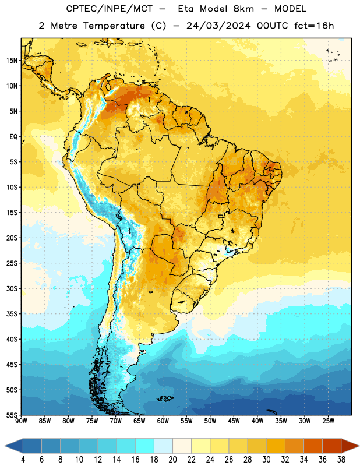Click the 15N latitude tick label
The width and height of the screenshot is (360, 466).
pos(12,61)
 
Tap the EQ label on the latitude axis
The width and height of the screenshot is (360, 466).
pos(13,137)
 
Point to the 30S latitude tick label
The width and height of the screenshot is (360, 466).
pos(12,288)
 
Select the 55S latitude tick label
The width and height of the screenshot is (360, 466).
pos(12,415)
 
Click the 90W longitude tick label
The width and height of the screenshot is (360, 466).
pos(21,421)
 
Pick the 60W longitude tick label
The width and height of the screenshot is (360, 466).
pos(163,421)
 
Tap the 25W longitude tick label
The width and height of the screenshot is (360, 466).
pos(328,421)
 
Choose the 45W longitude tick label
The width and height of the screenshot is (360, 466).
pos(234,421)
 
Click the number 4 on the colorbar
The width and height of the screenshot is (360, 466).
pos(23,460)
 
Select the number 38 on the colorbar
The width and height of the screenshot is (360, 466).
pos(341,460)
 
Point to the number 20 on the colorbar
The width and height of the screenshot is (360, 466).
pos(172,460)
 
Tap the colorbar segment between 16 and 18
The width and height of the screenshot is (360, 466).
pos(145,446)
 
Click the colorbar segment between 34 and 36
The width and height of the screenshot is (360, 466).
pos(313,446)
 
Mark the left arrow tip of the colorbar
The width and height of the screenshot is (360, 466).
pos(5,446)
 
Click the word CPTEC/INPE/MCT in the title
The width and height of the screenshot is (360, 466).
pos(110,9)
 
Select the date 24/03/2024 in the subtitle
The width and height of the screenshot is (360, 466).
pos(218,26)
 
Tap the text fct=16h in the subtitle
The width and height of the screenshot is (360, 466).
pos(314,26)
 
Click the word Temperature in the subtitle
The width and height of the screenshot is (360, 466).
pos(114,26)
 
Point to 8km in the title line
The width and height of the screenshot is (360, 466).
pos(243,9)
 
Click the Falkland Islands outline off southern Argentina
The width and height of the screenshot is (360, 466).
pos(165,398)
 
